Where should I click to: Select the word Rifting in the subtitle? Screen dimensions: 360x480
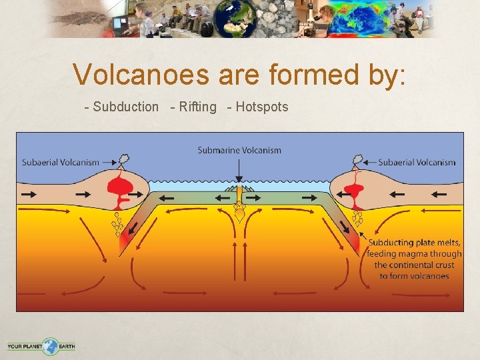[198, 107]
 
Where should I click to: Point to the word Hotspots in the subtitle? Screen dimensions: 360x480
[262, 107]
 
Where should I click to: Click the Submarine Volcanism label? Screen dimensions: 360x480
[239, 150]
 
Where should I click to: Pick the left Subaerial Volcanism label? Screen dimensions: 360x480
[61, 162]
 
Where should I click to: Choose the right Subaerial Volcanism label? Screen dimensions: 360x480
[417, 162]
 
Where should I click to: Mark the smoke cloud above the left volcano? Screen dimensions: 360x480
[124, 160]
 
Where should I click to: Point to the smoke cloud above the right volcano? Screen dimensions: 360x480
[357, 160]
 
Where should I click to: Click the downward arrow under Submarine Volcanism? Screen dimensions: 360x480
[239, 171]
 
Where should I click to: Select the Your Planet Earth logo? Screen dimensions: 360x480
[41, 346]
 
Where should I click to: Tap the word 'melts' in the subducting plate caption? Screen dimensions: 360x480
[447, 243]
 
